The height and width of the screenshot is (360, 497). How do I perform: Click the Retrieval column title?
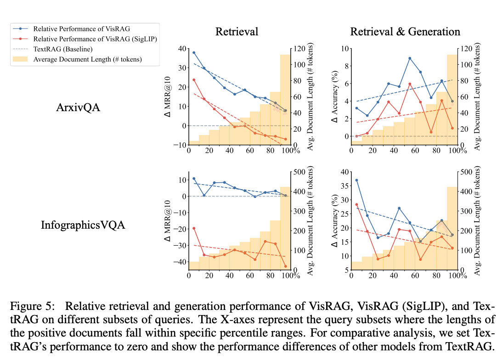[237, 32]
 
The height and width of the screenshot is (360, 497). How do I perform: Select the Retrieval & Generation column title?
[405, 32]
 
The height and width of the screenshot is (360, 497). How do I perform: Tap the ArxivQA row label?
[78, 107]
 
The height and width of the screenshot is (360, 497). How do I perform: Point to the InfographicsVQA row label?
[82, 225]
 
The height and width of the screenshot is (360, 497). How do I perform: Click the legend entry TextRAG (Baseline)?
[63, 49]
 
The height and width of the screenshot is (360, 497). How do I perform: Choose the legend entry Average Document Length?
[87, 59]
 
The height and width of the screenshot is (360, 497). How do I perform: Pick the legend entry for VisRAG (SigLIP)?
[95, 39]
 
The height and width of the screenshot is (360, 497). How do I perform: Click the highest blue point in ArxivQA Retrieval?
[194, 52]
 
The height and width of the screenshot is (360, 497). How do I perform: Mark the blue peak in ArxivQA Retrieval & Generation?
[409, 58]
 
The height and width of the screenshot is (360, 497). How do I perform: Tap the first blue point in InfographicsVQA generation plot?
[356, 180]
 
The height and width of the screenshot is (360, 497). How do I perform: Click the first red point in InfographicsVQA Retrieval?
[194, 228]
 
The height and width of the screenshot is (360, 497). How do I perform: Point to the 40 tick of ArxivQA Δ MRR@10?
[182, 49]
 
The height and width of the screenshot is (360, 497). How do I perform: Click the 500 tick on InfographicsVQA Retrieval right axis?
[299, 172]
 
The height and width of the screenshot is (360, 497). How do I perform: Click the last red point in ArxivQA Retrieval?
[285, 139]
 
